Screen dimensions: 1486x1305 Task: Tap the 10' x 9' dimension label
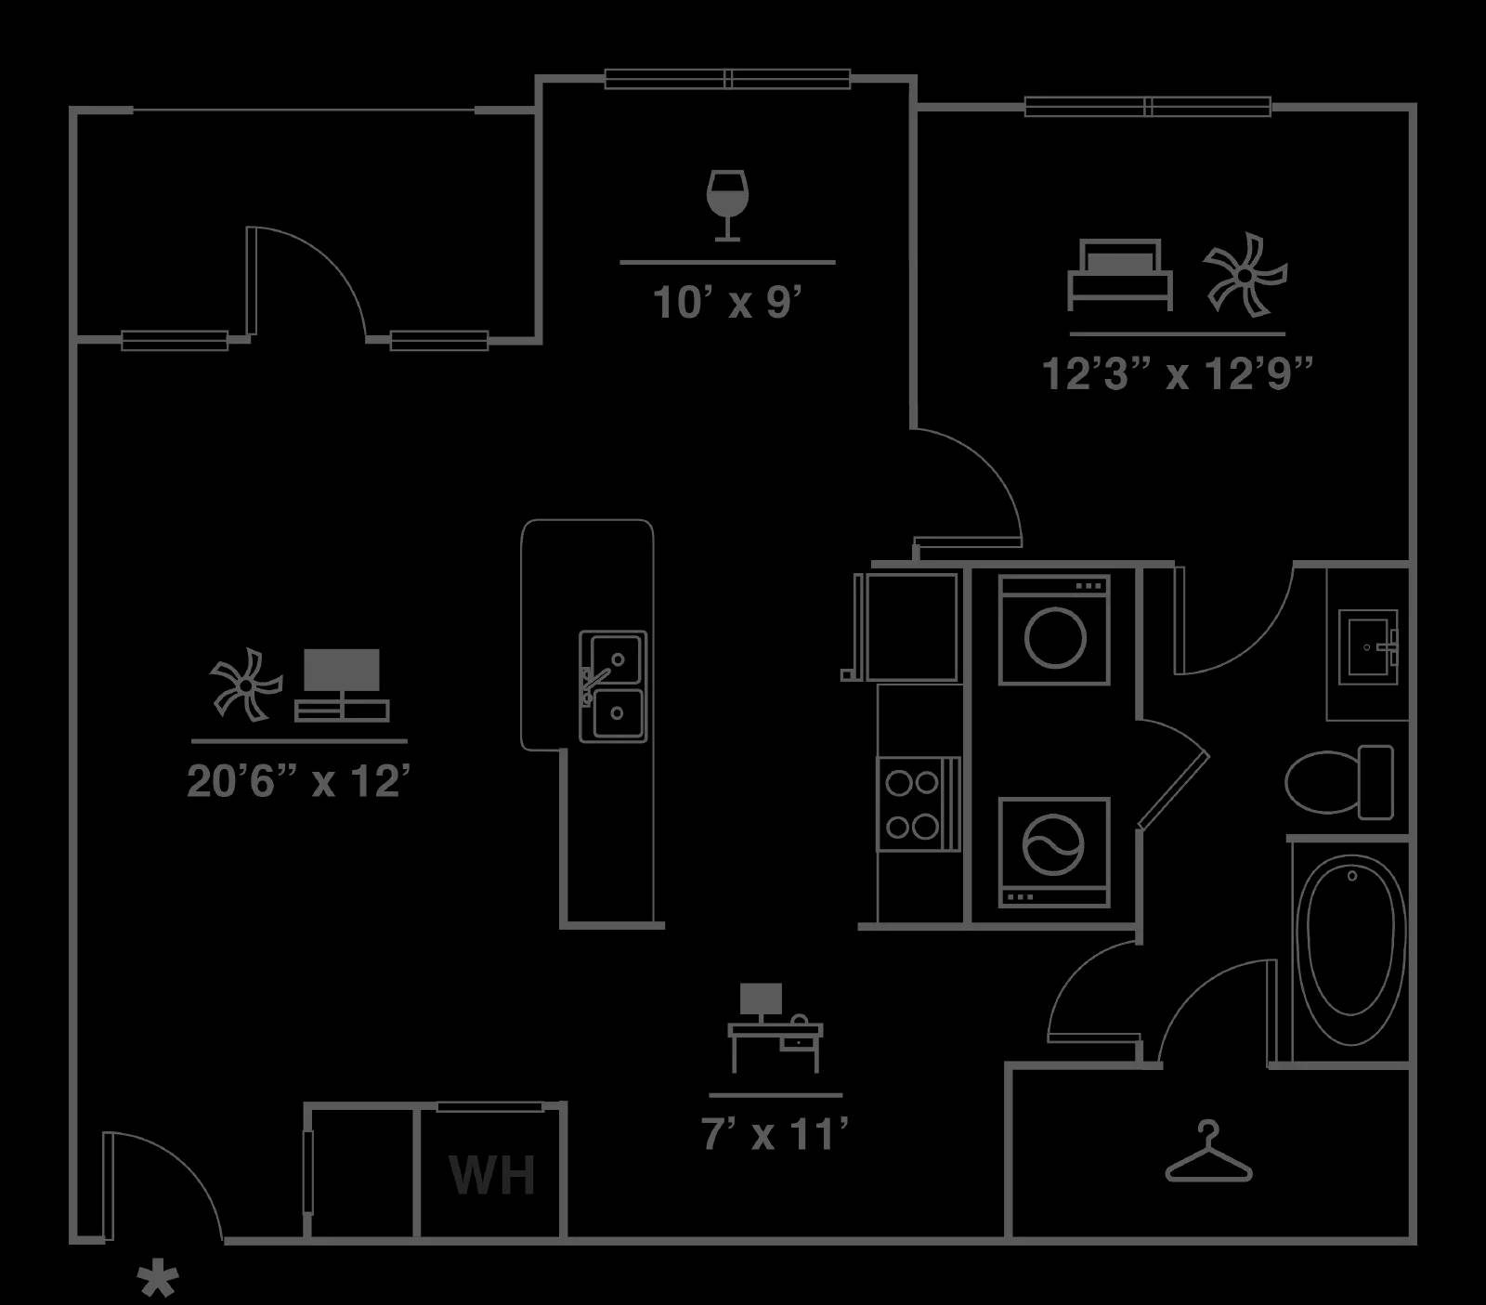(727, 303)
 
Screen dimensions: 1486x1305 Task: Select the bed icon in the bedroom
(1119, 275)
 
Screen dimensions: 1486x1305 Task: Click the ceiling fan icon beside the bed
(1245, 274)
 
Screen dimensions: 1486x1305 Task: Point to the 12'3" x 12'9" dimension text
(1178, 374)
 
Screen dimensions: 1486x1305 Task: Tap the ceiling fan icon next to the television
(245, 685)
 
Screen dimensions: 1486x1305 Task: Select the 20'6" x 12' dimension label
(298, 781)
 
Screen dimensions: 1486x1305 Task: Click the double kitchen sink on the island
(613, 686)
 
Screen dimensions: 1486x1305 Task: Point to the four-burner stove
(918, 804)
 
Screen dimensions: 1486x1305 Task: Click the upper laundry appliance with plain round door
(1054, 630)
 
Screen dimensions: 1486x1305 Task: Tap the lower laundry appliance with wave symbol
(1054, 852)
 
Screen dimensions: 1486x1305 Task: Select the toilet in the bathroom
(1339, 781)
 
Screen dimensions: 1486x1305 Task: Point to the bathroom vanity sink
(1367, 646)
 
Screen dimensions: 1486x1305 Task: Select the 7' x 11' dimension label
(775, 1134)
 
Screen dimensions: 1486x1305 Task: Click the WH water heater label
(492, 1175)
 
